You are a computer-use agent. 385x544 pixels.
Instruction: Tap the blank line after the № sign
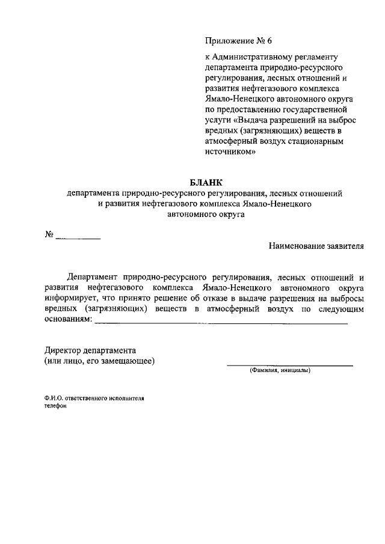pos(78,239)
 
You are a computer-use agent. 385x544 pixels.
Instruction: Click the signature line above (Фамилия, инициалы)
pos(289,365)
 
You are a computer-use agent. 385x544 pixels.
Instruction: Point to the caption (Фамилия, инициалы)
pos(280,371)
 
